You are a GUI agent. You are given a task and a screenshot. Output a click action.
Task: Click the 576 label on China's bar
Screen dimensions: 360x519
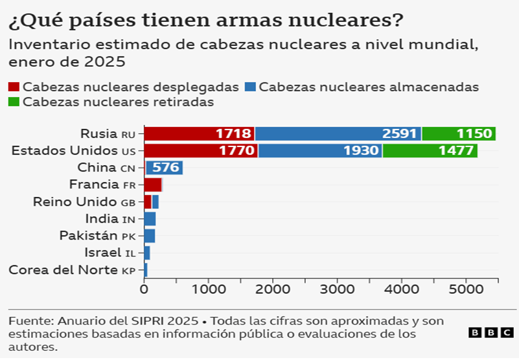point(165,168)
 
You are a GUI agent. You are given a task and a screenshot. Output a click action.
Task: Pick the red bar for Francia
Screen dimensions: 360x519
point(153,185)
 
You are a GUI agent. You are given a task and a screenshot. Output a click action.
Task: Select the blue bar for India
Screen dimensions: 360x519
point(150,218)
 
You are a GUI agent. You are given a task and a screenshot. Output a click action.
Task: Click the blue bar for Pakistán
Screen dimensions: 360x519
point(150,235)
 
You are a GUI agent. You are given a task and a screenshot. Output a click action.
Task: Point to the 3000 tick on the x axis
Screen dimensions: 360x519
point(337,290)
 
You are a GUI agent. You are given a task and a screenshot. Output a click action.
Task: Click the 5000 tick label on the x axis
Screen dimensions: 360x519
point(466,290)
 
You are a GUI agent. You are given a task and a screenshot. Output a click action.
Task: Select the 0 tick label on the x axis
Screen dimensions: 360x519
point(144,290)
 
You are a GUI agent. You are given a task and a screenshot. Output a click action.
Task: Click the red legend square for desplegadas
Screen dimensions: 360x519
point(14,87)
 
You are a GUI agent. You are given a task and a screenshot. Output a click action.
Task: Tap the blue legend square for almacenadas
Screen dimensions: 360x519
point(250,87)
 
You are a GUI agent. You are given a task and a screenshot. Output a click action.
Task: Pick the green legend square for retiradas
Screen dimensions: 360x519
point(14,102)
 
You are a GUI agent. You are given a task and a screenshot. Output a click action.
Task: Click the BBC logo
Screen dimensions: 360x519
point(490,332)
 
